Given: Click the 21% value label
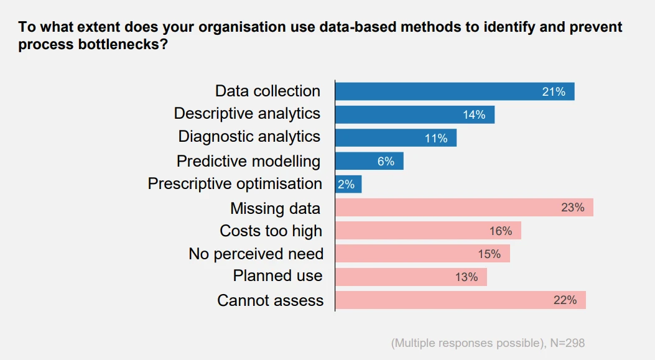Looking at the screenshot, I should coord(554,92).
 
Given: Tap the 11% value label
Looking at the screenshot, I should coord(436,138).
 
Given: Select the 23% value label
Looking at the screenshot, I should coord(573,208).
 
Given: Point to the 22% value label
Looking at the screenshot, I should coord(565,300).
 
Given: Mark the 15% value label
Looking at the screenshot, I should coord(490,254).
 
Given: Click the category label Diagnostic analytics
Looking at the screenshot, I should coord(249,137).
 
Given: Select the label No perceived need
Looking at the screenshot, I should coord(256,254).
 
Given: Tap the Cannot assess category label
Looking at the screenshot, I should coord(271,300).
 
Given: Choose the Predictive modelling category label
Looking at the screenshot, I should coord(249,161).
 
